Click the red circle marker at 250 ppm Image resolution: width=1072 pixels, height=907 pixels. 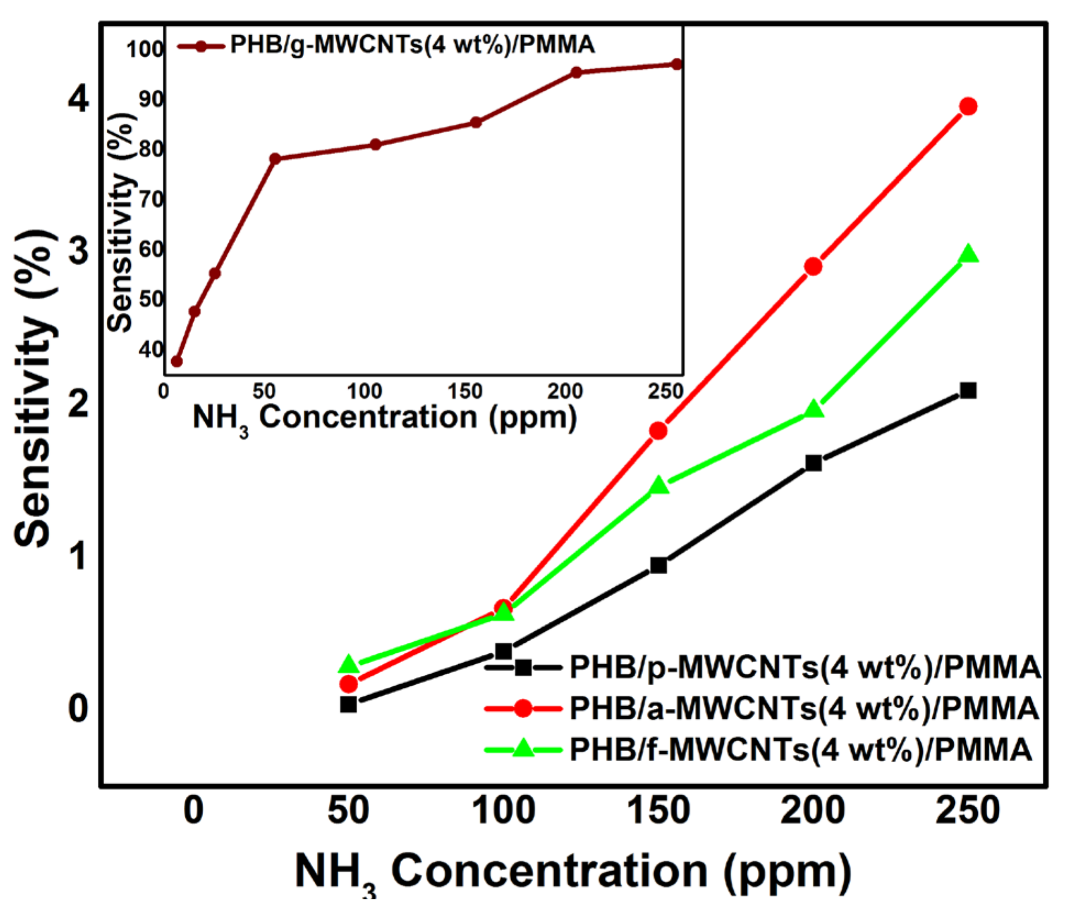(x=968, y=106)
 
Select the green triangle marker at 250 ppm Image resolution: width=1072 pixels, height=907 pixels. (x=968, y=255)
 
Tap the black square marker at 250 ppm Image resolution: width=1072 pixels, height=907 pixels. (x=968, y=391)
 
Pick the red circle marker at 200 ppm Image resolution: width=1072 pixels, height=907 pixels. (x=813, y=266)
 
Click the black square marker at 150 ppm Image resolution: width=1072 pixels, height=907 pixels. (x=658, y=565)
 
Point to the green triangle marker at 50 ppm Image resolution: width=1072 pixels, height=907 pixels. (x=348, y=664)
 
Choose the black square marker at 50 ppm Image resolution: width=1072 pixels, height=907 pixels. (x=348, y=704)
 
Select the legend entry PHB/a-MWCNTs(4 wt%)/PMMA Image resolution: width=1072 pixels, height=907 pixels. (x=803, y=708)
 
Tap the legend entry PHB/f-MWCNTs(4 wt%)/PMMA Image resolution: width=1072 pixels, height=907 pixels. (x=800, y=749)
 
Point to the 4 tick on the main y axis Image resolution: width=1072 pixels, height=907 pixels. (x=78, y=99)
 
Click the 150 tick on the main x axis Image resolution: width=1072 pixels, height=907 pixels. (x=658, y=810)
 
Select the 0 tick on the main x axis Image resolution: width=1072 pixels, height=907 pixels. (x=193, y=810)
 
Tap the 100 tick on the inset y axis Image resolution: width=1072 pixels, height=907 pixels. (x=144, y=50)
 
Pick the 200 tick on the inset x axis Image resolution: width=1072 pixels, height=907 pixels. (x=565, y=391)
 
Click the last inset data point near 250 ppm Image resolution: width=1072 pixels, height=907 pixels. (x=676, y=64)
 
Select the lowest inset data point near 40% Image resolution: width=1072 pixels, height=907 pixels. (x=177, y=361)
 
